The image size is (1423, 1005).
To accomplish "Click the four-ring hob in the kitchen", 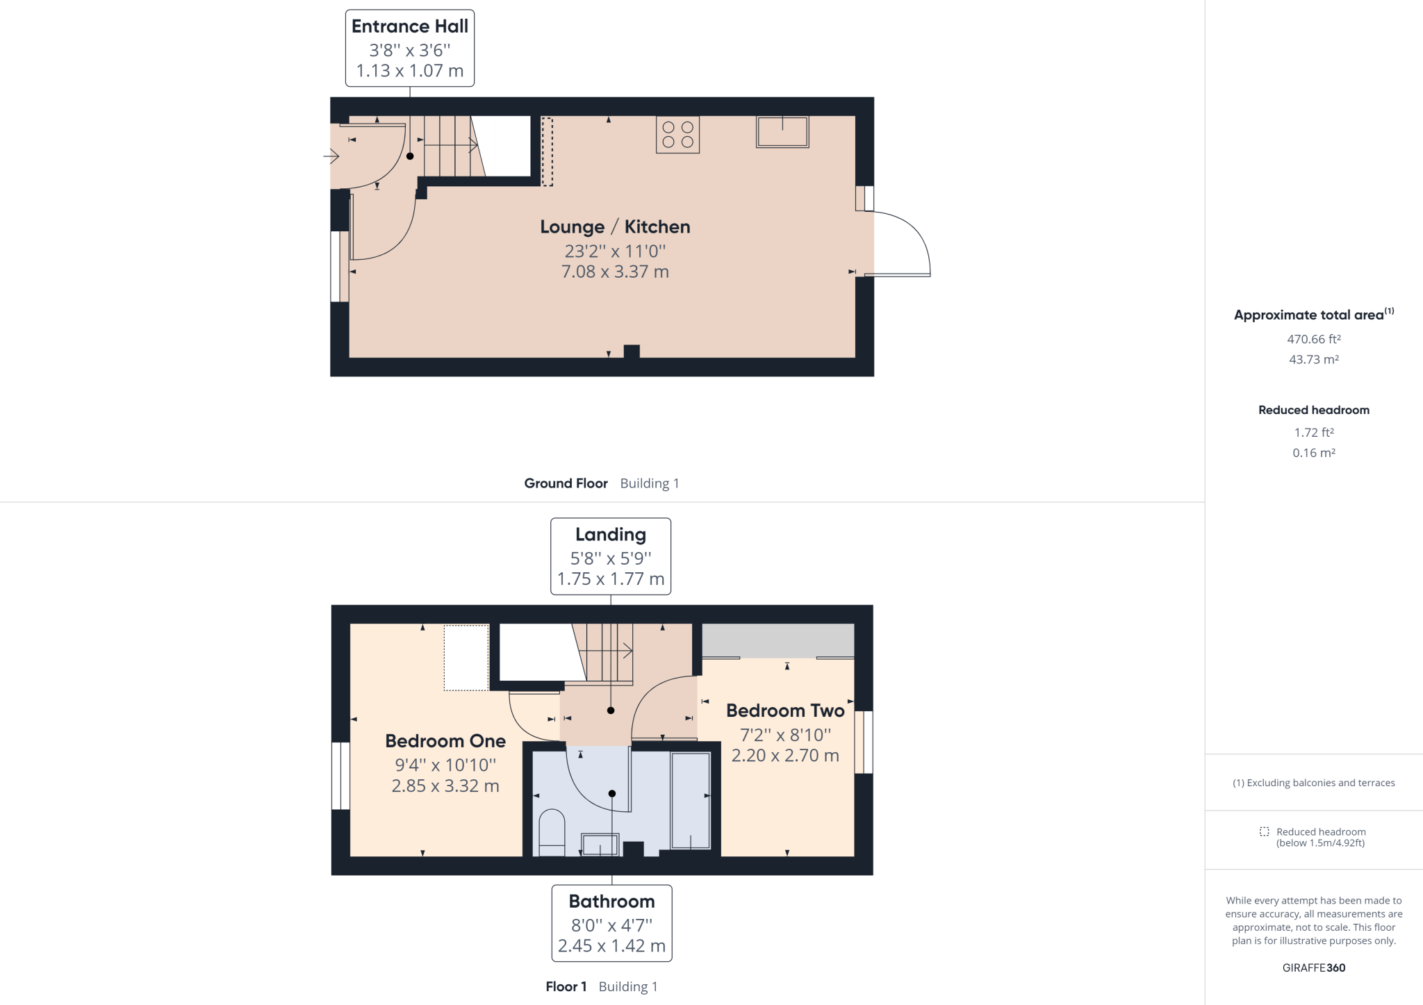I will (x=677, y=135).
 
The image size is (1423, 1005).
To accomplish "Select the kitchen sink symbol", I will (x=782, y=132).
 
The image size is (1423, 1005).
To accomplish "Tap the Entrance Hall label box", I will (x=410, y=48).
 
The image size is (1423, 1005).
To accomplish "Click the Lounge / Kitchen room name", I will (x=615, y=227).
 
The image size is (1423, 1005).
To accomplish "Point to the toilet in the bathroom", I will (x=552, y=831).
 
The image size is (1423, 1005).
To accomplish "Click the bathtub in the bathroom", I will (x=691, y=801).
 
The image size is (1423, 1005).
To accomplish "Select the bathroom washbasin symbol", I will (x=600, y=845).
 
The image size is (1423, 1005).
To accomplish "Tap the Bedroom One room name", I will (x=445, y=741).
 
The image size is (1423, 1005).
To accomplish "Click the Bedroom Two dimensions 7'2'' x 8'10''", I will (x=785, y=735).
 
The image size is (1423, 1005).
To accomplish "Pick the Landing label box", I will (x=611, y=556).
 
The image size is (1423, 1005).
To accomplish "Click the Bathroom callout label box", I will (x=611, y=923).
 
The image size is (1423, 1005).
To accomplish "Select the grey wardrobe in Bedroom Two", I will (x=778, y=640).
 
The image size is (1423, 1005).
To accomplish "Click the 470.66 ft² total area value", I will (x=1313, y=340).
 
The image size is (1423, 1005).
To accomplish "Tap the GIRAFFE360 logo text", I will (x=1313, y=967).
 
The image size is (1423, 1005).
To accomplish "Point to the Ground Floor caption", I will (x=566, y=483).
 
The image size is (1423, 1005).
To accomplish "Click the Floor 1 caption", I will (x=566, y=986).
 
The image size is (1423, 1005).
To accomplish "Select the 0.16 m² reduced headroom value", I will (x=1313, y=453).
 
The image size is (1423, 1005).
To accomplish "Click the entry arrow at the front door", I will (x=331, y=157).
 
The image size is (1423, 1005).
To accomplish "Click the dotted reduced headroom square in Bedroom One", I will (x=466, y=658).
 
